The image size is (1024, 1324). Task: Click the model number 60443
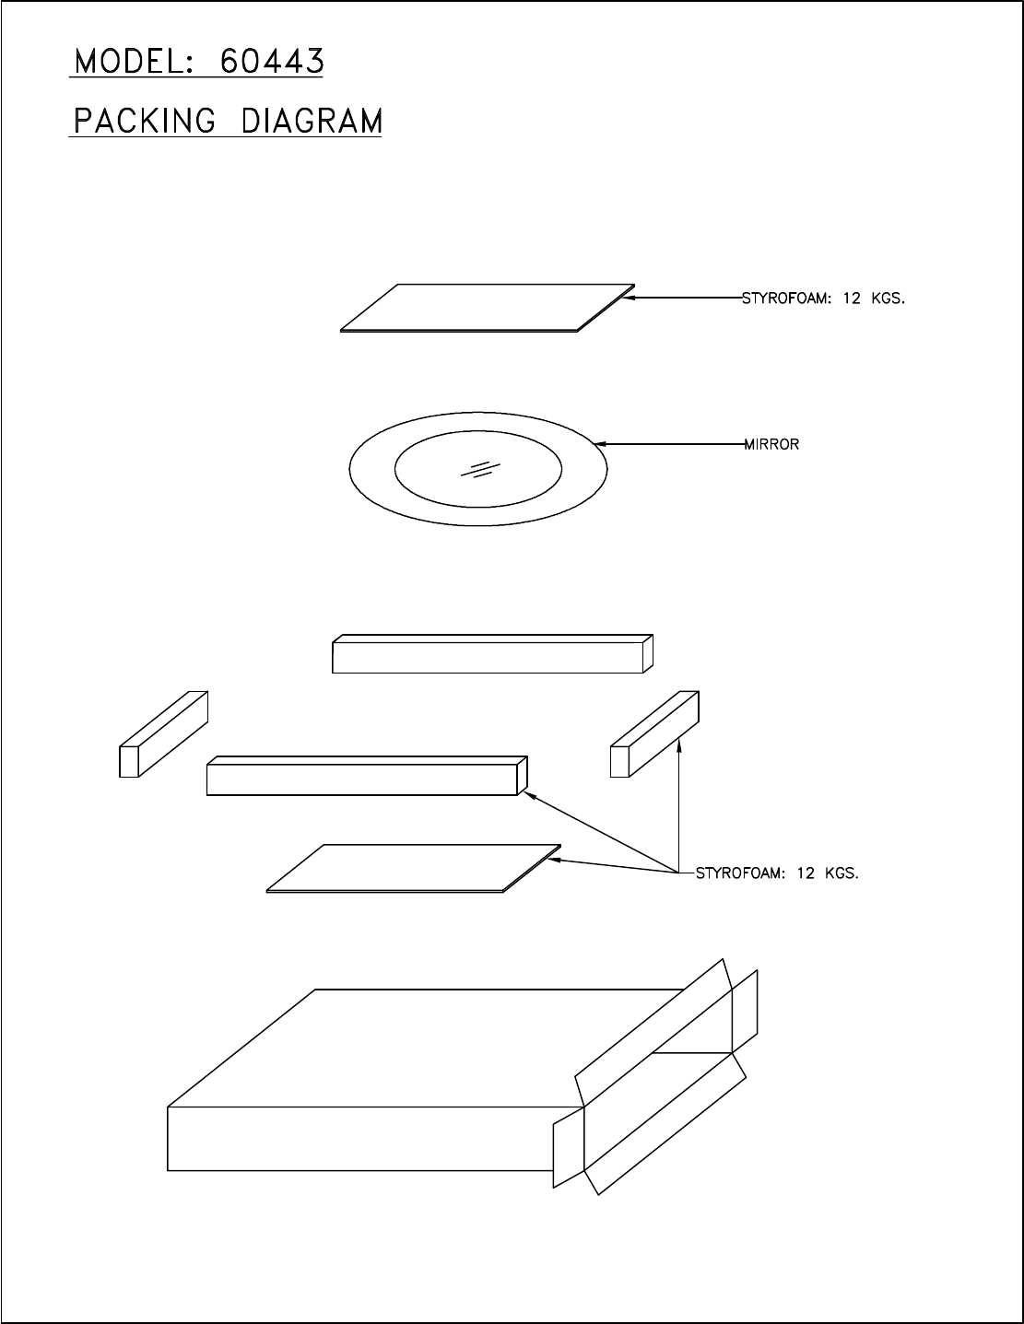click(x=272, y=61)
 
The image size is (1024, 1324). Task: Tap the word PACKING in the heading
click(x=145, y=120)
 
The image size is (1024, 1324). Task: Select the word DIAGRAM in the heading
click(x=312, y=120)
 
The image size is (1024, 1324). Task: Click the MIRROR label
click(x=771, y=444)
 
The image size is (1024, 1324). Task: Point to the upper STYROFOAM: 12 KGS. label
click(x=823, y=299)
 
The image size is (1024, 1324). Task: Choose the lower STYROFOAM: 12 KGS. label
click(x=777, y=873)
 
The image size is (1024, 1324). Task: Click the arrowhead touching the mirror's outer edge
click(x=600, y=444)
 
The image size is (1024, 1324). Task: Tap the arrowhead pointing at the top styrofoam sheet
click(x=630, y=298)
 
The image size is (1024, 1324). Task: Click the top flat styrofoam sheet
click(x=488, y=308)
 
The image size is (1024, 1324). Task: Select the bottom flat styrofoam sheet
click(x=414, y=868)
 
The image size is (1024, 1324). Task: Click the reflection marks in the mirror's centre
click(x=480, y=469)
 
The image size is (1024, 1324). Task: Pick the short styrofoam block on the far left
click(x=163, y=734)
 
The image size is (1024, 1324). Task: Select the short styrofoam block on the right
click(x=654, y=734)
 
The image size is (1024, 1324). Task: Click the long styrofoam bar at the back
click(x=492, y=654)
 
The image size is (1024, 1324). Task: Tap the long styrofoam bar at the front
click(x=367, y=776)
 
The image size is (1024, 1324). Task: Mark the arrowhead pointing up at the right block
click(x=679, y=745)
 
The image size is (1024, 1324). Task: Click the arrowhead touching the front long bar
click(x=530, y=795)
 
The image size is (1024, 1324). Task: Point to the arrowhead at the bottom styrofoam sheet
click(x=555, y=861)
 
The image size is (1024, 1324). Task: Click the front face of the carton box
click(x=375, y=1138)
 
